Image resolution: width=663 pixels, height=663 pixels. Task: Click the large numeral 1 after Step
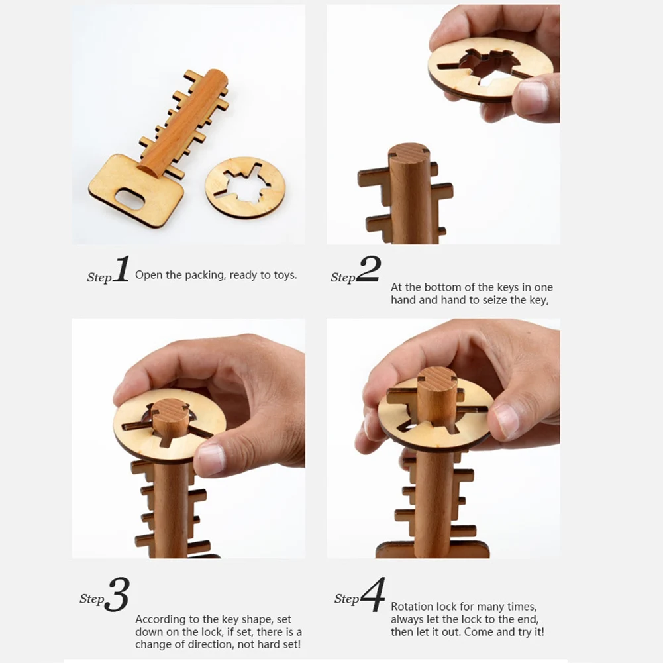[121, 271]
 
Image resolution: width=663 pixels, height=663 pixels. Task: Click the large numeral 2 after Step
[368, 270]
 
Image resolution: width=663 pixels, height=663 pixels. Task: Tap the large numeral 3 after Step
[117, 595]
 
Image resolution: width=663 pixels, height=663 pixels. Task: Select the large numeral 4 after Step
[373, 595]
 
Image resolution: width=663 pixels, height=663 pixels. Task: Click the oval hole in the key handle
[130, 199]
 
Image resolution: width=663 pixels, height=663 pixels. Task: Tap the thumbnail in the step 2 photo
[532, 97]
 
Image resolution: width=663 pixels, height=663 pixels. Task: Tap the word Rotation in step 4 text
[411, 606]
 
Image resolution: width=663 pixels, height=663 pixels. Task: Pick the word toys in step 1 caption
[285, 275]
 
